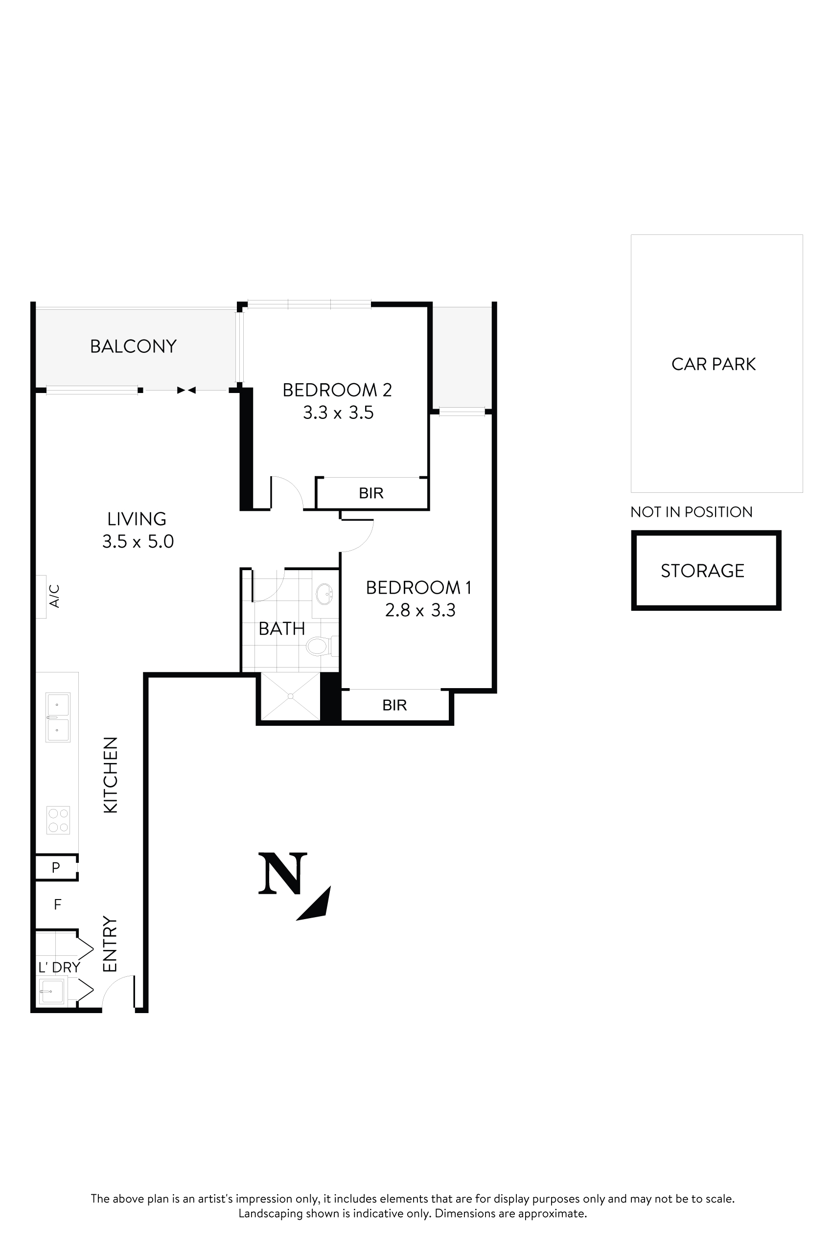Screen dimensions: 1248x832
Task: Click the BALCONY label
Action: (133, 347)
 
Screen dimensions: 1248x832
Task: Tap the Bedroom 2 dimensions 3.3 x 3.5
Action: (338, 413)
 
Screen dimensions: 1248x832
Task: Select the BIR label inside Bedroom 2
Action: (371, 493)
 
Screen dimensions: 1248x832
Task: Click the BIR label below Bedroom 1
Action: (394, 705)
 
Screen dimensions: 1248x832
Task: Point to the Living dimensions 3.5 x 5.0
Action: (138, 542)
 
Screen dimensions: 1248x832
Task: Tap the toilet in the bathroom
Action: (319, 647)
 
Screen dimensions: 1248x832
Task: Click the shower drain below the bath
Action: (290, 696)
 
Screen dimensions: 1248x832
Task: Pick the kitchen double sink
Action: (58, 717)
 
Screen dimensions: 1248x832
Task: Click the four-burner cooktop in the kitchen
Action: (58, 820)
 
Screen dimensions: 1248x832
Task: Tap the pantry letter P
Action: (56, 868)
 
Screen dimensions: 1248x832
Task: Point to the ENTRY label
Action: (109, 945)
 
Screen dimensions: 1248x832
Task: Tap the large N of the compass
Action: (282, 874)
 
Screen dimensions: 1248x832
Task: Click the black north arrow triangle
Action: (317, 905)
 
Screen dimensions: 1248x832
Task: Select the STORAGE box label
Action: (702, 571)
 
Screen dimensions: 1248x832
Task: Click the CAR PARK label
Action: (713, 365)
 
